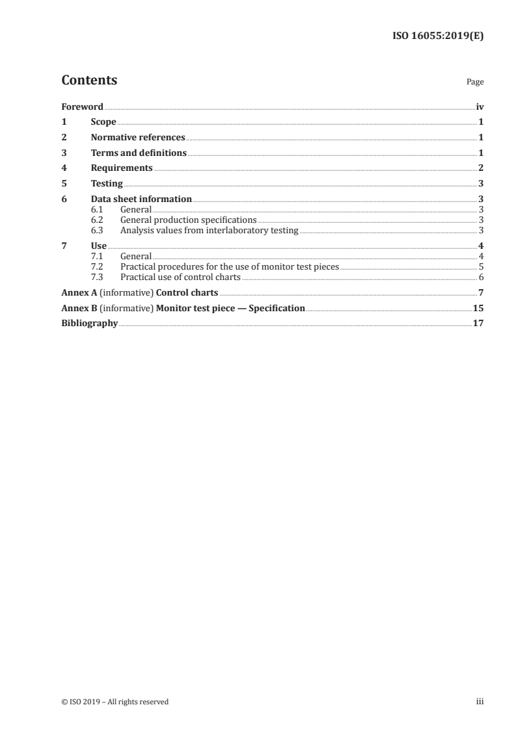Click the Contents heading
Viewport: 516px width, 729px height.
point(89,81)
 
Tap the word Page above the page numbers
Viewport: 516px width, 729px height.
point(475,83)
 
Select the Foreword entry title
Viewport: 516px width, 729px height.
point(82,107)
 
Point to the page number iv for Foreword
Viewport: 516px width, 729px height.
point(480,107)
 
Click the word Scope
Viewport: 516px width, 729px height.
point(103,122)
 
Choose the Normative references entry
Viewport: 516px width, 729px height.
point(138,138)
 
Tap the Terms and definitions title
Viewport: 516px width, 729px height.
point(139,153)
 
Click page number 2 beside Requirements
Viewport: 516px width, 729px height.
point(480,168)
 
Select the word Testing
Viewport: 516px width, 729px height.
point(107,184)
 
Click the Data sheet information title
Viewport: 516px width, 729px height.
point(141,199)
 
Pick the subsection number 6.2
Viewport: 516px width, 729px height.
point(97,220)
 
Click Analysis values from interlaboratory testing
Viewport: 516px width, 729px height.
point(209,230)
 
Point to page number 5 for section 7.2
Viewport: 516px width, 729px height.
point(480,266)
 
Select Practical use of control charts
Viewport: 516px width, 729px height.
point(180,277)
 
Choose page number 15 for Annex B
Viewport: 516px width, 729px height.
point(478,308)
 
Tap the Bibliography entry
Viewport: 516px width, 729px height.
point(89,323)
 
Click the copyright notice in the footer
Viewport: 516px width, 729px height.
point(115,702)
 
